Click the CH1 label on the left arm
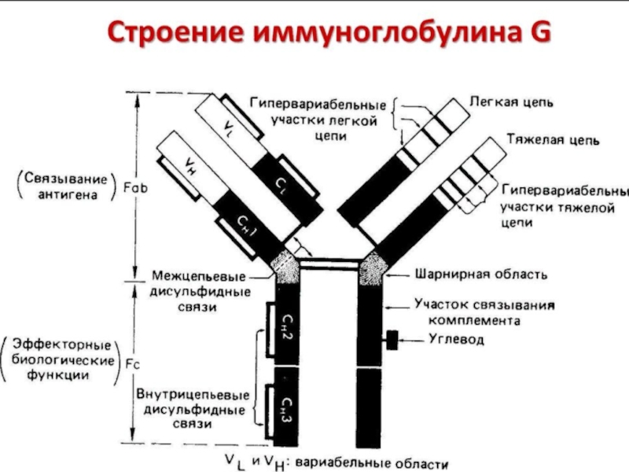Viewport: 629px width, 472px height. coord(248,225)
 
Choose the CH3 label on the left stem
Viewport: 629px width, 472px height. coord(285,405)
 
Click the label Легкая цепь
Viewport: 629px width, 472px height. coord(512,101)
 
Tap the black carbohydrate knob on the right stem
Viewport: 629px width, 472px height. coord(390,339)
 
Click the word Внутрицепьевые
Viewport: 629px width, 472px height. coord(193,394)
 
